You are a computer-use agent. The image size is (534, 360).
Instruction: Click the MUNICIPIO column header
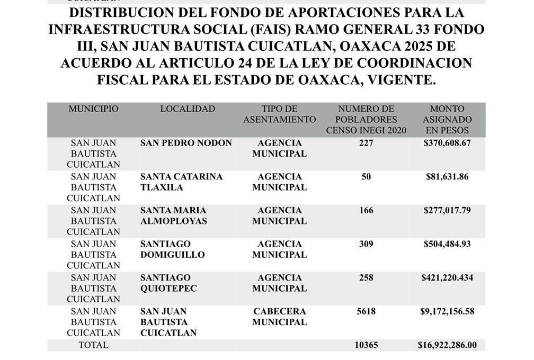click(x=93, y=109)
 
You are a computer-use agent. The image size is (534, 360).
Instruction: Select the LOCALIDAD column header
click(x=188, y=109)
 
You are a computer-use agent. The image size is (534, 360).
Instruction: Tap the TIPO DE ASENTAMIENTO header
click(x=279, y=114)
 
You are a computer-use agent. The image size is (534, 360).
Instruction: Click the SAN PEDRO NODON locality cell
click(x=186, y=143)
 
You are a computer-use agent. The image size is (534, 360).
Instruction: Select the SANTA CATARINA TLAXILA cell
click(x=181, y=182)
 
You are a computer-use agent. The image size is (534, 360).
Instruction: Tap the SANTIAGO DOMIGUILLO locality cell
click(x=172, y=249)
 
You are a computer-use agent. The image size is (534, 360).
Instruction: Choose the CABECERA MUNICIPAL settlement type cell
click(x=279, y=317)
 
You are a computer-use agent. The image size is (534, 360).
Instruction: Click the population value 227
click(x=366, y=143)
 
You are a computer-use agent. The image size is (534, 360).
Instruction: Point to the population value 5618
click(x=366, y=311)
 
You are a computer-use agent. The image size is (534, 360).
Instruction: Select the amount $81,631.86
click(x=447, y=177)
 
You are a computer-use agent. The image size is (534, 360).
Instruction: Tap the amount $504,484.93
click(x=447, y=244)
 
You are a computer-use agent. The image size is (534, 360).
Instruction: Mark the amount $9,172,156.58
click(x=447, y=311)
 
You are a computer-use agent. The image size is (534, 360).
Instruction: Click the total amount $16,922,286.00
click(x=447, y=345)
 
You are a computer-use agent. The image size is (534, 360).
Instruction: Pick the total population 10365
click(x=366, y=345)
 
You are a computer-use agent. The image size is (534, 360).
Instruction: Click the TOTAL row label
click(x=93, y=345)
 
